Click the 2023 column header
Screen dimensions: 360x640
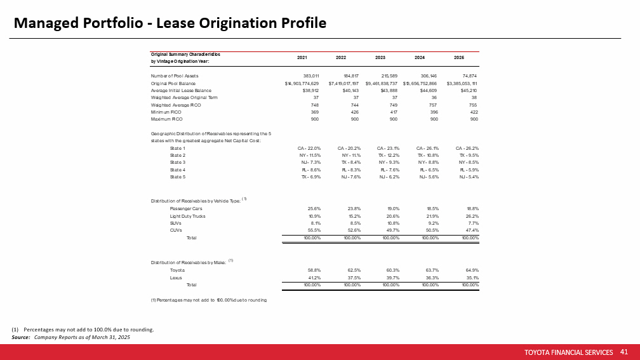[x=380, y=57]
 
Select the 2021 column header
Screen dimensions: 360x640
[x=303, y=57]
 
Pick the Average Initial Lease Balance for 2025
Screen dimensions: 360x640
[x=468, y=91]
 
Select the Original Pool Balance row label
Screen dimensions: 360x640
[x=173, y=83]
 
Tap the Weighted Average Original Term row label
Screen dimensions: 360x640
[x=184, y=98]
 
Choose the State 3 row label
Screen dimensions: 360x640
[x=178, y=163]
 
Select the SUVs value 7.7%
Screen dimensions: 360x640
[x=470, y=223]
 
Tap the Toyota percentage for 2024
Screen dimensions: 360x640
[x=431, y=270]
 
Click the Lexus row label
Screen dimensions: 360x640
[x=177, y=277]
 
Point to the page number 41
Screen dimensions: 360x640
[x=623, y=351]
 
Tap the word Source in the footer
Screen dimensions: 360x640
[x=21, y=337]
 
